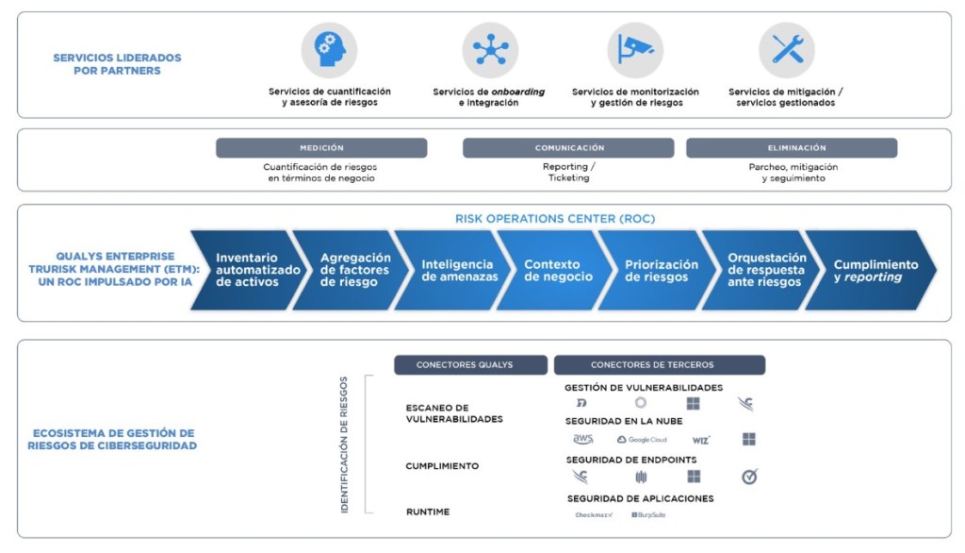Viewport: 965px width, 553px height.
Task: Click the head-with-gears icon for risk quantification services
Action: (x=329, y=50)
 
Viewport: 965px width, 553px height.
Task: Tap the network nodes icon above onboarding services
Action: (x=490, y=50)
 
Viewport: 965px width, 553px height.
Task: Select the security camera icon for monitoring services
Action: (x=635, y=50)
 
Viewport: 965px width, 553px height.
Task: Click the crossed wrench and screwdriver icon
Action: (x=787, y=50)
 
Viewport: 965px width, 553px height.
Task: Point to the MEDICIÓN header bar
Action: (x=321, y=148)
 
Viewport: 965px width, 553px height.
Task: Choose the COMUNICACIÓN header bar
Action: (x=568, y=148)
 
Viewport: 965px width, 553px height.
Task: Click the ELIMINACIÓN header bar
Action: (x=792, y=148)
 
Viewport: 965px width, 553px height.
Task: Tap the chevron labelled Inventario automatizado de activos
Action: (x=247, y=270)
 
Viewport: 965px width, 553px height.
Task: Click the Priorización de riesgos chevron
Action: (x=660, y=270)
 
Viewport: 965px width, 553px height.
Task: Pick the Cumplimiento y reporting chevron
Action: (x=873, y=270)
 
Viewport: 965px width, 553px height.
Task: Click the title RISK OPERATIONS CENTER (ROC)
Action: (x=555, y=219)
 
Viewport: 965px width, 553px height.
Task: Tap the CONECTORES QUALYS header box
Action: (x=470, y=365)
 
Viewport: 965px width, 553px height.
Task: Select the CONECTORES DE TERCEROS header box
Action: (x=660, y=365)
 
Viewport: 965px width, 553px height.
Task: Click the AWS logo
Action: (x=583, y=440)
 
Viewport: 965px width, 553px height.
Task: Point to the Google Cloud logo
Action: (x=641, y=440)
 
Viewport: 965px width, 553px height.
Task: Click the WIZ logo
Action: (x=700, y=440)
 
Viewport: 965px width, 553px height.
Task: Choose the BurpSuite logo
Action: (x=648, y=514)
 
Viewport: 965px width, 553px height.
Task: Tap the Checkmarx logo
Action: (x=594, y=514)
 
